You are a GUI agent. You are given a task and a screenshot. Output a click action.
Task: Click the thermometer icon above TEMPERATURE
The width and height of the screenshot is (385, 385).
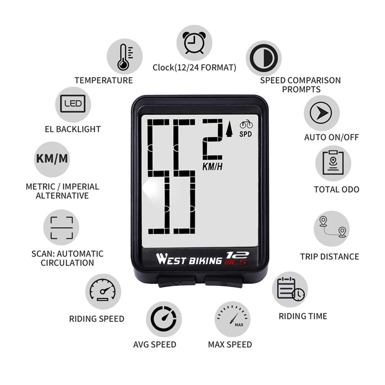click(x=124, y=57)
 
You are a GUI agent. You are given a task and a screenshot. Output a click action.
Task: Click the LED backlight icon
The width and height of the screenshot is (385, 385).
click(x=73, y=104)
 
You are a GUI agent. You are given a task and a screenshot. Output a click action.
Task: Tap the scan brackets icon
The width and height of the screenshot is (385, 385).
click(x=61, y=228)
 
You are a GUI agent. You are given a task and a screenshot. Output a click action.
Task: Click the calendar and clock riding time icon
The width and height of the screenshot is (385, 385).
click(x=290, y=289)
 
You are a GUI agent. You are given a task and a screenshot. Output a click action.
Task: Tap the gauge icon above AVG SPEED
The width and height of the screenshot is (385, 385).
click(x=164, y=319)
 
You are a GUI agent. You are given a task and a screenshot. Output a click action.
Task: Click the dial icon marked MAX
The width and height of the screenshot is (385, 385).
click(x=232, y=319)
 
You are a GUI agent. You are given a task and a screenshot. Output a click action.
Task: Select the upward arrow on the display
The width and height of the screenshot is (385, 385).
click(x=230, y=130)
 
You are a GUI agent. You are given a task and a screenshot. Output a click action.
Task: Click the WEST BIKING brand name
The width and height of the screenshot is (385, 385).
click(x=189, y=259)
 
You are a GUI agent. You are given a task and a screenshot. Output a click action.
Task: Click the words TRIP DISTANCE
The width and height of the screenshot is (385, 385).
click(x=329, y=256)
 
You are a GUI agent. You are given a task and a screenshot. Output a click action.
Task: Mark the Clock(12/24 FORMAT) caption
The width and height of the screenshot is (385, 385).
click(x=194, y=68)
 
